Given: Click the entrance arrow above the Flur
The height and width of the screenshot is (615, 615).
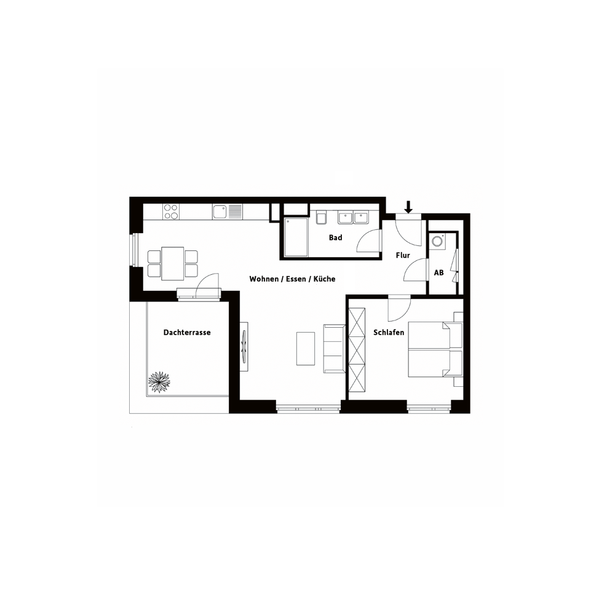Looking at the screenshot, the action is pos(408,207).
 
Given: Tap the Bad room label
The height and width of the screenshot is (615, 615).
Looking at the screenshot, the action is pos(335,237).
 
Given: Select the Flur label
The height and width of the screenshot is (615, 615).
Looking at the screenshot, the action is pos(403,255).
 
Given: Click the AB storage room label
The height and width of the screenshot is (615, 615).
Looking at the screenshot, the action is pos(438,272).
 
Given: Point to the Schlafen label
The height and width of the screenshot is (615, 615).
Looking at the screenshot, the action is pos(388,333).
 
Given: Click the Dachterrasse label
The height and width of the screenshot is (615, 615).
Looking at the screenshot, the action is pos(187,333).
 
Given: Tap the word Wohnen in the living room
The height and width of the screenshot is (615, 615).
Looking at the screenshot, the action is pos(264,279).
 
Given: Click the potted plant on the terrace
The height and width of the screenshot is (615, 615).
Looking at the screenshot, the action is pos(159,382).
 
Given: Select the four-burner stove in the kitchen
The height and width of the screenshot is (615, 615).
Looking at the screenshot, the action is pos(171,212).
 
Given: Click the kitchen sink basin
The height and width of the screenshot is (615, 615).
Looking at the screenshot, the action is pos(220,212).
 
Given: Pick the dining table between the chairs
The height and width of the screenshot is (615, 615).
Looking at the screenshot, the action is pos(173,264).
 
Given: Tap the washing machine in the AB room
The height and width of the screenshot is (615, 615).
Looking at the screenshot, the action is pos(437,241).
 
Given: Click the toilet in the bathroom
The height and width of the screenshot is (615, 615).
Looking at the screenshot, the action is pos(321,218).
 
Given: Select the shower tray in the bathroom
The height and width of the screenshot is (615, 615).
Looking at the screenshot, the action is pos(296,237).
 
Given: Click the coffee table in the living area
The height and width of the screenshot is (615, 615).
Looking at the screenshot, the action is pos(306,349).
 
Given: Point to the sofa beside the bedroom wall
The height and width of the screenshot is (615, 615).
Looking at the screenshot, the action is pos(334,348).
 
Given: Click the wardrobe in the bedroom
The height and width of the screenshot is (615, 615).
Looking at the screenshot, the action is pos(357,350).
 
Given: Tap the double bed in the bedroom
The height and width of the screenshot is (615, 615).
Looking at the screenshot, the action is pos(435,349).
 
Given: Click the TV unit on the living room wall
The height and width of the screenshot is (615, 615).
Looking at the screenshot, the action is pos(244,346).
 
